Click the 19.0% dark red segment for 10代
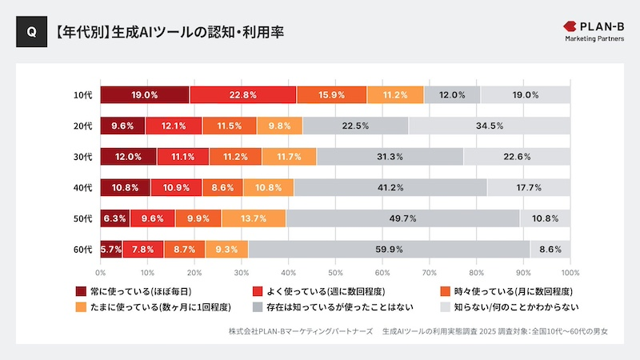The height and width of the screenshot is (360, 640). coord(145,94)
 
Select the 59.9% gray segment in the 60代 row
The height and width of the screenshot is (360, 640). coord(389,250)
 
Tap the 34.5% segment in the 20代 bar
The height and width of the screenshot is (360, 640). coord(489,126)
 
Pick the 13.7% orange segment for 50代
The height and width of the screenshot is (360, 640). coord(254,218)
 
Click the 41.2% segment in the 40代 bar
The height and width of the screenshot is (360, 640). coord(390,187)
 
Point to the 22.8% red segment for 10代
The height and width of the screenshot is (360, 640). coord(243,94)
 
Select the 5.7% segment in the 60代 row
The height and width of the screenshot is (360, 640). coord(112,250)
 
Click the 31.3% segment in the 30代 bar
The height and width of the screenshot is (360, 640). coord(390,157)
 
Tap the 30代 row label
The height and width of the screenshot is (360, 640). coord(83,157)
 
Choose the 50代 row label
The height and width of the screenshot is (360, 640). coord(83,218)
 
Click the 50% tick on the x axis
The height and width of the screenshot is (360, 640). coord(335,273)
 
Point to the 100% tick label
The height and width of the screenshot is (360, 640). coord(570,273)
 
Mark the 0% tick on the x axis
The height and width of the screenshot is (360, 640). coord(101,273)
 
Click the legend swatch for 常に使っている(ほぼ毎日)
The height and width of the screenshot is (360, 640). coord(80,291)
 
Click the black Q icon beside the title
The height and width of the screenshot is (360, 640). coord(30,33)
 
